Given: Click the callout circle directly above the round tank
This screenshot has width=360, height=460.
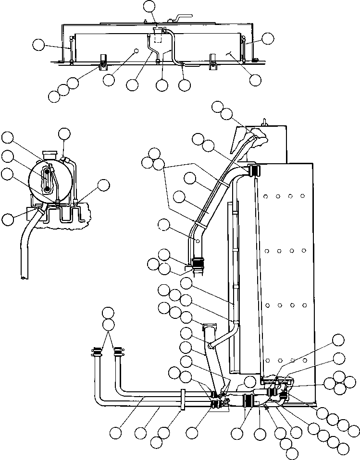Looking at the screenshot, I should [x=64, y=134].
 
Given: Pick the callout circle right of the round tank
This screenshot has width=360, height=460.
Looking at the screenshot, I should [x=103, y=185].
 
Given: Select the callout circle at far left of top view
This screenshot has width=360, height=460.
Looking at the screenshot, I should [x=38, y=46].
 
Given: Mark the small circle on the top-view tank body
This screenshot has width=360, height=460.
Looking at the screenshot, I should [x=137, y=50].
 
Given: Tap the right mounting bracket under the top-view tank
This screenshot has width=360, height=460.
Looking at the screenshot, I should [x=212, y=61].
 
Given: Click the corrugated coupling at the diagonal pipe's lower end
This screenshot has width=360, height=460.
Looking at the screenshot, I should [x=198, y=263].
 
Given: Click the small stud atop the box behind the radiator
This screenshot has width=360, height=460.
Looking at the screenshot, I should [x=264, y=120].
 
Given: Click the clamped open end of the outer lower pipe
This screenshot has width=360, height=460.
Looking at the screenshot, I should [x=96, y=353].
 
